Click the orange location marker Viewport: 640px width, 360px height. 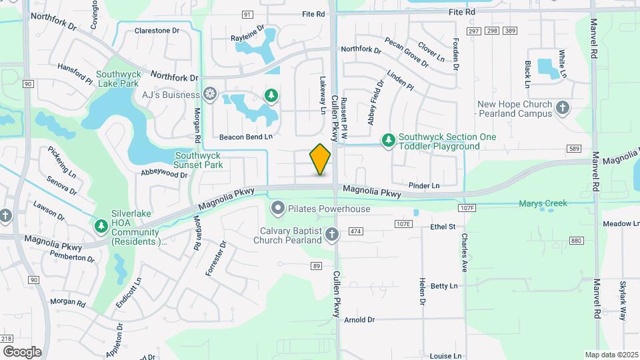(320, 159)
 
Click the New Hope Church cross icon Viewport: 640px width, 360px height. (563, 107)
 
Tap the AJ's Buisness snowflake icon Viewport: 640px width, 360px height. (210, 93)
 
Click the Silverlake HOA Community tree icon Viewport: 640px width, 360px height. (101, 227)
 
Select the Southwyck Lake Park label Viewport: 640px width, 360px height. (117, 79)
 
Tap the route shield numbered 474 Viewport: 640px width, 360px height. (355, 231)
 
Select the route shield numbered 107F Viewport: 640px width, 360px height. (467, 209)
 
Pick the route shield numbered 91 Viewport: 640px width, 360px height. (247, 15)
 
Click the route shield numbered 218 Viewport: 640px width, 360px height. (7, 339)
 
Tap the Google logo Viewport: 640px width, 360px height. (22, 351)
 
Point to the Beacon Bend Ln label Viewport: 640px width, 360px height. (247, 137)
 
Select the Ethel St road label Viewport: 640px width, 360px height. (443, 227)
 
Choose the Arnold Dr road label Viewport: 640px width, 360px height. (359, 320)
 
